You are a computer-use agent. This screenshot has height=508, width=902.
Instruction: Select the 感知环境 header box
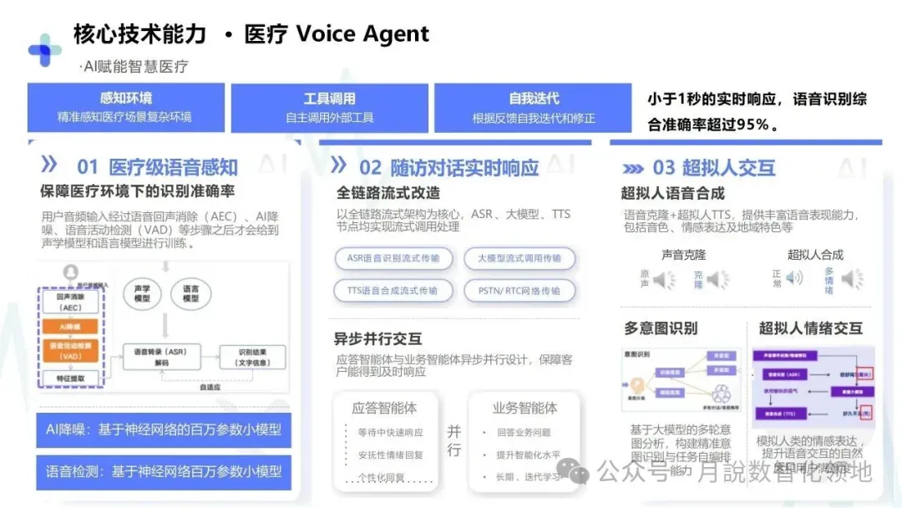(x=126, y=107)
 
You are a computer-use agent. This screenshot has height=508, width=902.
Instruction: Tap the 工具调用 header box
(x=329, y=107)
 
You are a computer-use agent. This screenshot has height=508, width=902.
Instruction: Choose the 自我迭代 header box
(x=534, y=107)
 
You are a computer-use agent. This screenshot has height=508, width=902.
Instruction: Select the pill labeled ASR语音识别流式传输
(x=393, y=258)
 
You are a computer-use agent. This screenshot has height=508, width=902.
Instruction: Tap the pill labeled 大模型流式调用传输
(x=519, y=258)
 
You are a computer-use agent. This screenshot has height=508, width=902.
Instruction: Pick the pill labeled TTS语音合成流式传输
(x=393, y=291)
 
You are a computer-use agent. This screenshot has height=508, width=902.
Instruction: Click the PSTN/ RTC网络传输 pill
(x=519, y=291)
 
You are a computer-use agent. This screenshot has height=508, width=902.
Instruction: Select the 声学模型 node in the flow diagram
(x=142, y=292)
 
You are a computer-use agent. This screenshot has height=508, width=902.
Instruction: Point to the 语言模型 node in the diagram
(x=190, y=292)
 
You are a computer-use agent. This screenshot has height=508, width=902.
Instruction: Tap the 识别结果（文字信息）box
(x=251, y=357)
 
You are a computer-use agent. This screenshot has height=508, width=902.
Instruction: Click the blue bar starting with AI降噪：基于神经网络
(x=164, y=430)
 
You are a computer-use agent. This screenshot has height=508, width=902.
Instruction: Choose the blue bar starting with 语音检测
(x=164, y=472)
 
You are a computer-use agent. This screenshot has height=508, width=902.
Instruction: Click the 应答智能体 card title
(x=384, y=408)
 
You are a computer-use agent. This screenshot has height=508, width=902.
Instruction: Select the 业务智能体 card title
(x=524, y=408)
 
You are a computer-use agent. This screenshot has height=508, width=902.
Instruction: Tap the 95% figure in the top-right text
(x=751, y=125)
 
